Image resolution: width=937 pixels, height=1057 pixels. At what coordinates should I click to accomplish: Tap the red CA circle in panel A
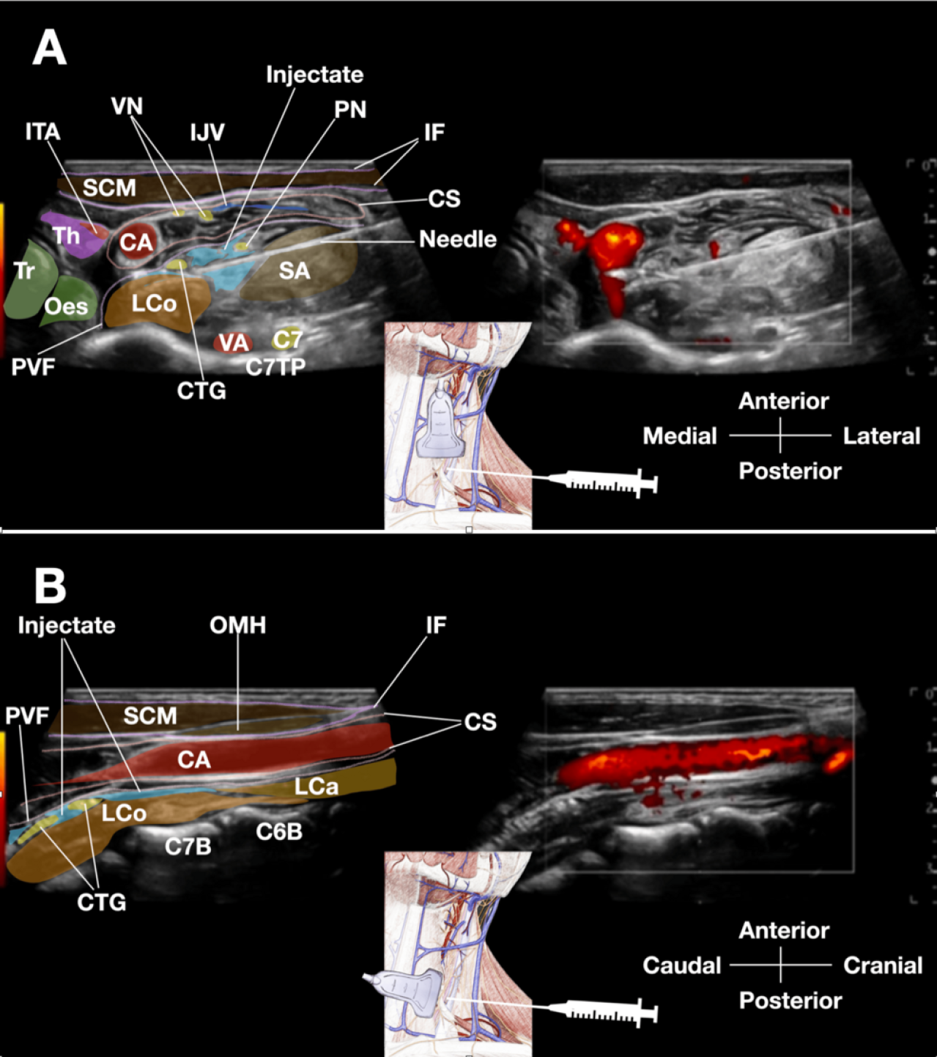(136, 242)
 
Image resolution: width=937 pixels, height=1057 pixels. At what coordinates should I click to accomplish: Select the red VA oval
(234, 342)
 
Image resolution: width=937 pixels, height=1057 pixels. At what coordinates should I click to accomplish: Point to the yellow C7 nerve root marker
(287, 339)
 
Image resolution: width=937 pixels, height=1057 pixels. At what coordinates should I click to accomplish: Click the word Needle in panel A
(457, 239)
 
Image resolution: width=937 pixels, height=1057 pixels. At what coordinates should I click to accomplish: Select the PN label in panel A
(350, 109)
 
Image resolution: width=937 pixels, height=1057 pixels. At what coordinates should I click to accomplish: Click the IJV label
(207, 133)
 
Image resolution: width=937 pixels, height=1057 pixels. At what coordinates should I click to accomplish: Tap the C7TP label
(275, 367)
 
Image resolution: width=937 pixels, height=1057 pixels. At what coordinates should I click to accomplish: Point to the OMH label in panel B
(237, 625)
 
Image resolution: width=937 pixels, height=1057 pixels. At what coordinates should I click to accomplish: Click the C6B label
(279, 831)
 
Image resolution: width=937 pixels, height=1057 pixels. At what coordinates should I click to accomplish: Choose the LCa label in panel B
(316, 787)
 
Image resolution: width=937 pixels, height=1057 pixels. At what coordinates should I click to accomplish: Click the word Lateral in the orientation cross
(881, 436)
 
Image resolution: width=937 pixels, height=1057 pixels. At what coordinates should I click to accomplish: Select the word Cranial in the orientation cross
(883, 965)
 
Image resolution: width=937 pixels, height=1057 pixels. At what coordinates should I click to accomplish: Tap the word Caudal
(682, 965)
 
